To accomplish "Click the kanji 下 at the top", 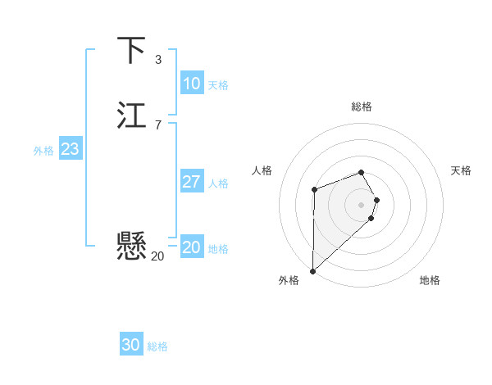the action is (132, 51).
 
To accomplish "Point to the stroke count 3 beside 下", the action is (157, 60).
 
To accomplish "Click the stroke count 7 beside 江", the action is (157, 125).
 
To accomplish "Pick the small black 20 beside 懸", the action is (157, 256).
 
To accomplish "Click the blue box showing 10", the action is (191, 84).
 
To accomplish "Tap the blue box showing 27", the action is (191, 182).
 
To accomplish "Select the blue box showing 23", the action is (70, 149).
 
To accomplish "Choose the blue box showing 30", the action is (130, 345).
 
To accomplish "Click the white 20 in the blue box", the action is (191, 247).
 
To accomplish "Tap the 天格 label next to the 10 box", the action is (218, 85).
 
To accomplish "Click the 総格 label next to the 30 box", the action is (157, 346).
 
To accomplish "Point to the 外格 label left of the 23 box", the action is (43, 151).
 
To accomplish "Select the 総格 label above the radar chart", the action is (362, 106).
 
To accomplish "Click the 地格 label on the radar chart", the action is (430, 280).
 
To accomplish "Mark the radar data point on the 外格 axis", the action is (312, 270).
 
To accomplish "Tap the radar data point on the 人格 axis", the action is (314, 190).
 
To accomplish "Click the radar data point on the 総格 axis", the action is (362, 172).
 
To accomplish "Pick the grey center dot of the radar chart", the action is (362, 203).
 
